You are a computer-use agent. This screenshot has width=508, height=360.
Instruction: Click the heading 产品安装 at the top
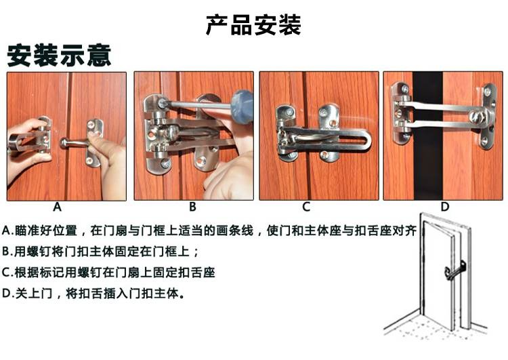point(254,25)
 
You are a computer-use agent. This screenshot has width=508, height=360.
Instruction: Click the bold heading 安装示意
point(59,56)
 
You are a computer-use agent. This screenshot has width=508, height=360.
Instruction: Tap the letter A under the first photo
point(57,207)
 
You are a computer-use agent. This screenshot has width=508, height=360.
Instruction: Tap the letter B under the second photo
point(192,207)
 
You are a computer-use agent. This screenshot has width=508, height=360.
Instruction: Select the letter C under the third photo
point(306,207)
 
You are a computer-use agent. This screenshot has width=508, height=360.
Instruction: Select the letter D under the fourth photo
point(445,207)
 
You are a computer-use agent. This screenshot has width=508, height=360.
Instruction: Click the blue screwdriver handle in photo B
point(242,106)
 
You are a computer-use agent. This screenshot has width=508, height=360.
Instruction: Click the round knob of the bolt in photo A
point(64,142)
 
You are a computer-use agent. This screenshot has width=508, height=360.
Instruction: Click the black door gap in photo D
point(427,136)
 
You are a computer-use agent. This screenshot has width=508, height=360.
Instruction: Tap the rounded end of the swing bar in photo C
point(365,140)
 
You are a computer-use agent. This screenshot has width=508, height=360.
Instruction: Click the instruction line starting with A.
point(209,231)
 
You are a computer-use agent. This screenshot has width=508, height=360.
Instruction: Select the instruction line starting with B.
point(100,252)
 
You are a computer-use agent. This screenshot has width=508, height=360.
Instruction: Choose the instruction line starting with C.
point(108,273)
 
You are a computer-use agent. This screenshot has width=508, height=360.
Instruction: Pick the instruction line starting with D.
point(93,294)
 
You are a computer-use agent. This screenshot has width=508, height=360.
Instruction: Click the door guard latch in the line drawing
point(455,271)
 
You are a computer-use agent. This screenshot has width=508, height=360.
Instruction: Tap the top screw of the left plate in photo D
point(404,88)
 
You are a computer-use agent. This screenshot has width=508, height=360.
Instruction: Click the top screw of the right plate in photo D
point(487,91)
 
